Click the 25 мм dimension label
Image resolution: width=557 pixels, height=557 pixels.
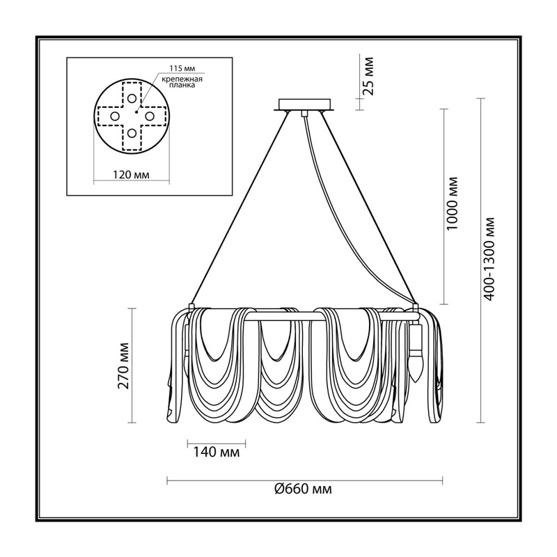point(369,75)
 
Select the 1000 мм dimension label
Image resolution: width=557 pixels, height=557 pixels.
point(452,203)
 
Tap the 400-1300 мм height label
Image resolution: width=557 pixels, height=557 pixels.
point(489,259)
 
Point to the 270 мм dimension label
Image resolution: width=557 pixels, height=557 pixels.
point(123,366)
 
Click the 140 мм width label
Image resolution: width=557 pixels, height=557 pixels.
point(216,452)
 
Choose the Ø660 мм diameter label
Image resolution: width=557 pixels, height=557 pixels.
point(304,489)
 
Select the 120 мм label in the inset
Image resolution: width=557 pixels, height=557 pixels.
point(131,175)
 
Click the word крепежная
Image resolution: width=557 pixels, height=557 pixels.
point(182,79)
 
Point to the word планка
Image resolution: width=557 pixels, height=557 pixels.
point(182,85)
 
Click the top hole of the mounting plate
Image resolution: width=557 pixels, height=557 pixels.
point(132,98)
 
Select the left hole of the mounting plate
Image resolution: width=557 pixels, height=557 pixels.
point(114,116)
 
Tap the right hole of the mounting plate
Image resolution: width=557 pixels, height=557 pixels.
point(149,116)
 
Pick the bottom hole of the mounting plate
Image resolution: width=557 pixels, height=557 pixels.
point(132,133)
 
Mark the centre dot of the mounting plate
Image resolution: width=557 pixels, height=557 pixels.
point(136,112)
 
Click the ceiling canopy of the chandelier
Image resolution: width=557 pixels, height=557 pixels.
point(304,105)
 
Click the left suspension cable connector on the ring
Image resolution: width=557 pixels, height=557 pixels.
point(191,307)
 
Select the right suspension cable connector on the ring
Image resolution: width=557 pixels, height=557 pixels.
point(415,307)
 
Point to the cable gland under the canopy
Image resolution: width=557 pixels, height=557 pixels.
point(304,113)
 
